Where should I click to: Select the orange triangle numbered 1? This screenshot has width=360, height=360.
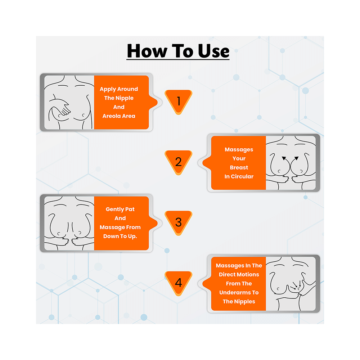[178, 102]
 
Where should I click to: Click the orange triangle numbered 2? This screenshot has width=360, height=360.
[178, 162]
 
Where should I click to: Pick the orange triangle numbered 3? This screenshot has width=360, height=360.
[178, 222]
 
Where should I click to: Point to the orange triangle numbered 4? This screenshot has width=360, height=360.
[178, 283]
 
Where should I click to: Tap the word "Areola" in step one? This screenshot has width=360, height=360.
[110, 116]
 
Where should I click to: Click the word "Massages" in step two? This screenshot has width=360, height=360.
[239, 149]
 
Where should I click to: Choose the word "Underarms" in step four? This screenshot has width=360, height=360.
[239, 292]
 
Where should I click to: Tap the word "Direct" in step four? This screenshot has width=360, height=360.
[229, 274]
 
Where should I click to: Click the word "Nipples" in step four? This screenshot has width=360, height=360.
[244, 301]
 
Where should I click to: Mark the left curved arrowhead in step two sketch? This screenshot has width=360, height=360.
[284, 158]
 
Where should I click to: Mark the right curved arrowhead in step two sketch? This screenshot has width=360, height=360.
[297, 158]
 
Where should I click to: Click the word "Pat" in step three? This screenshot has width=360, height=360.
[130, 209]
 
